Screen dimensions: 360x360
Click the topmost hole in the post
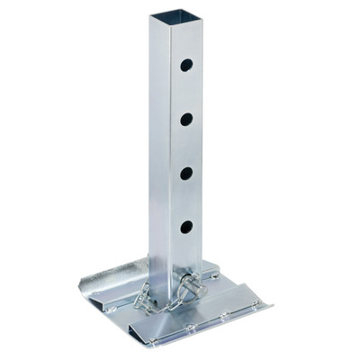pyautogui.click(x=186, y=65)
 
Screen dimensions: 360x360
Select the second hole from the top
pyautogui.click(x=186, y=119)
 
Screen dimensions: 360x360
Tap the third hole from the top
pyautogui.click(x=186, y=174)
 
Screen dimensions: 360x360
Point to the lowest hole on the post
pyautogui.click(x=186, y=228)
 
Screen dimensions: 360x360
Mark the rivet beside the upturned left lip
pyautogui.click(x=110, y=308)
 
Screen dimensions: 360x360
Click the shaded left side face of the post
pyautogui.click(x=159, y=153)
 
